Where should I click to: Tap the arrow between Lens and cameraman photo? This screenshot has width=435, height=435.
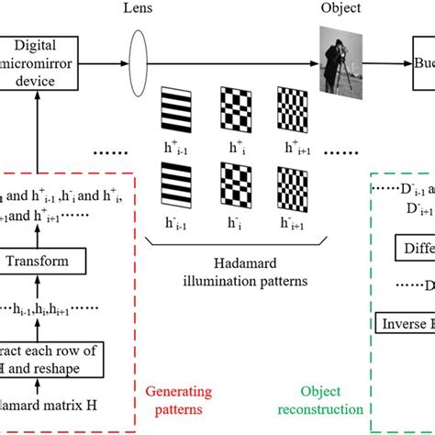[x=229, y=64]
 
